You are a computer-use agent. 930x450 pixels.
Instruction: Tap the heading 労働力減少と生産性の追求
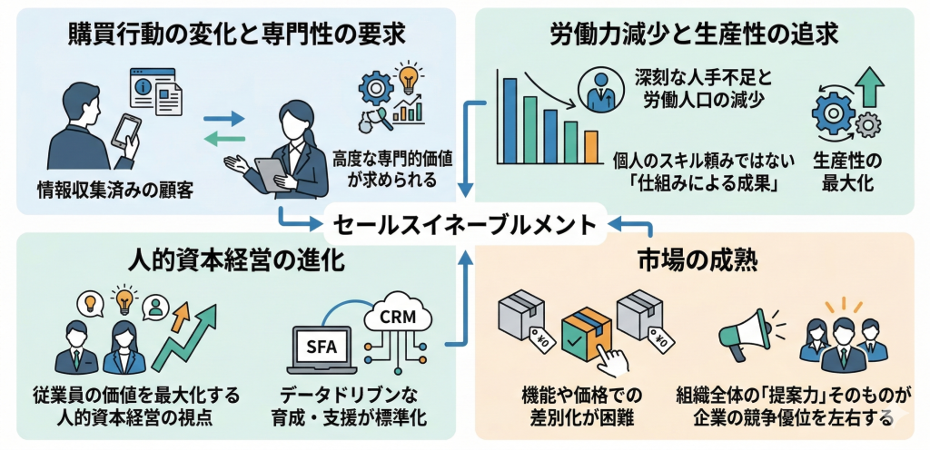coord(694,34)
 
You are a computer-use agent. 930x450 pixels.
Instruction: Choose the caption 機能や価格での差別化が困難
coord(580,406)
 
